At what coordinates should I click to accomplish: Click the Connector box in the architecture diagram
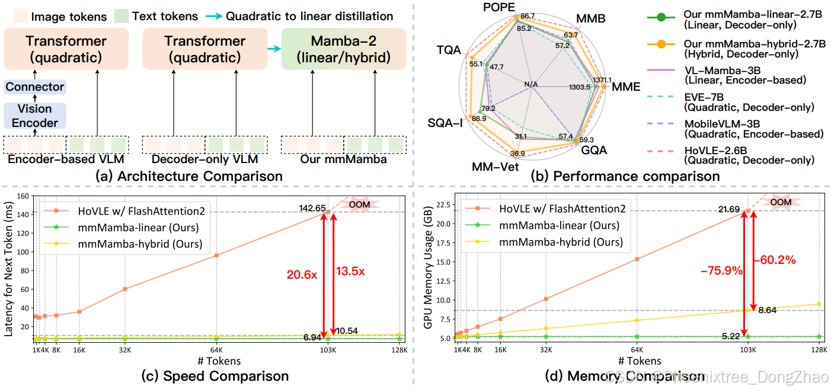[34, 87]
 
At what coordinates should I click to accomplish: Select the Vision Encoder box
[34, 116]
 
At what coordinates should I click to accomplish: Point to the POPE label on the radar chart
[499, 7]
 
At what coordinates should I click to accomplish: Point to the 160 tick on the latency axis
[24, 196]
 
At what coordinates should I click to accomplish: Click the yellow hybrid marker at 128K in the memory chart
[819, 304]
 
